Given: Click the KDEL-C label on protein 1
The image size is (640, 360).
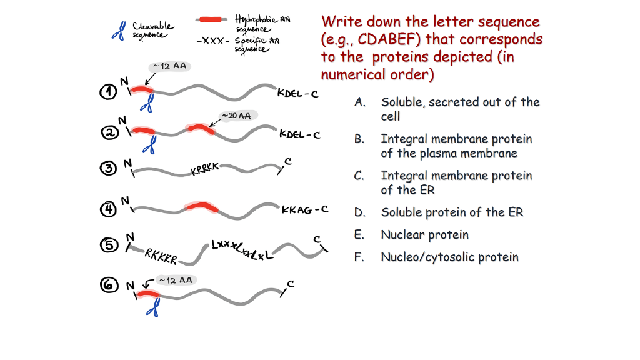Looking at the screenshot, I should [x=297, y=94].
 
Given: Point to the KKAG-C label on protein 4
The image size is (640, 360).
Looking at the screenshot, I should [x=304, y=210].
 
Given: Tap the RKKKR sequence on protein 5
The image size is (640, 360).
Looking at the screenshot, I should [x=161, y=256].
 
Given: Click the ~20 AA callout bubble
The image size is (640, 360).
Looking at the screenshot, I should [x=236, y=116].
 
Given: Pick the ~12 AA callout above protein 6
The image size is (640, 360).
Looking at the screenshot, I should [x=174, y=280].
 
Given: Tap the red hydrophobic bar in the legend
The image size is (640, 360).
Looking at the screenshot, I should [x=212, y=19].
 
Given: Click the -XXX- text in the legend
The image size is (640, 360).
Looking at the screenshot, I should [x=213, y=41].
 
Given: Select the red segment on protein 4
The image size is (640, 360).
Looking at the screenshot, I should [x=201, y=207].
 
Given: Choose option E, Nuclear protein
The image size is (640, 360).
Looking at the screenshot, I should [x=424, y=235].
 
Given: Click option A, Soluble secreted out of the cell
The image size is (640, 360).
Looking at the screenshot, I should [x=459, y=109].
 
